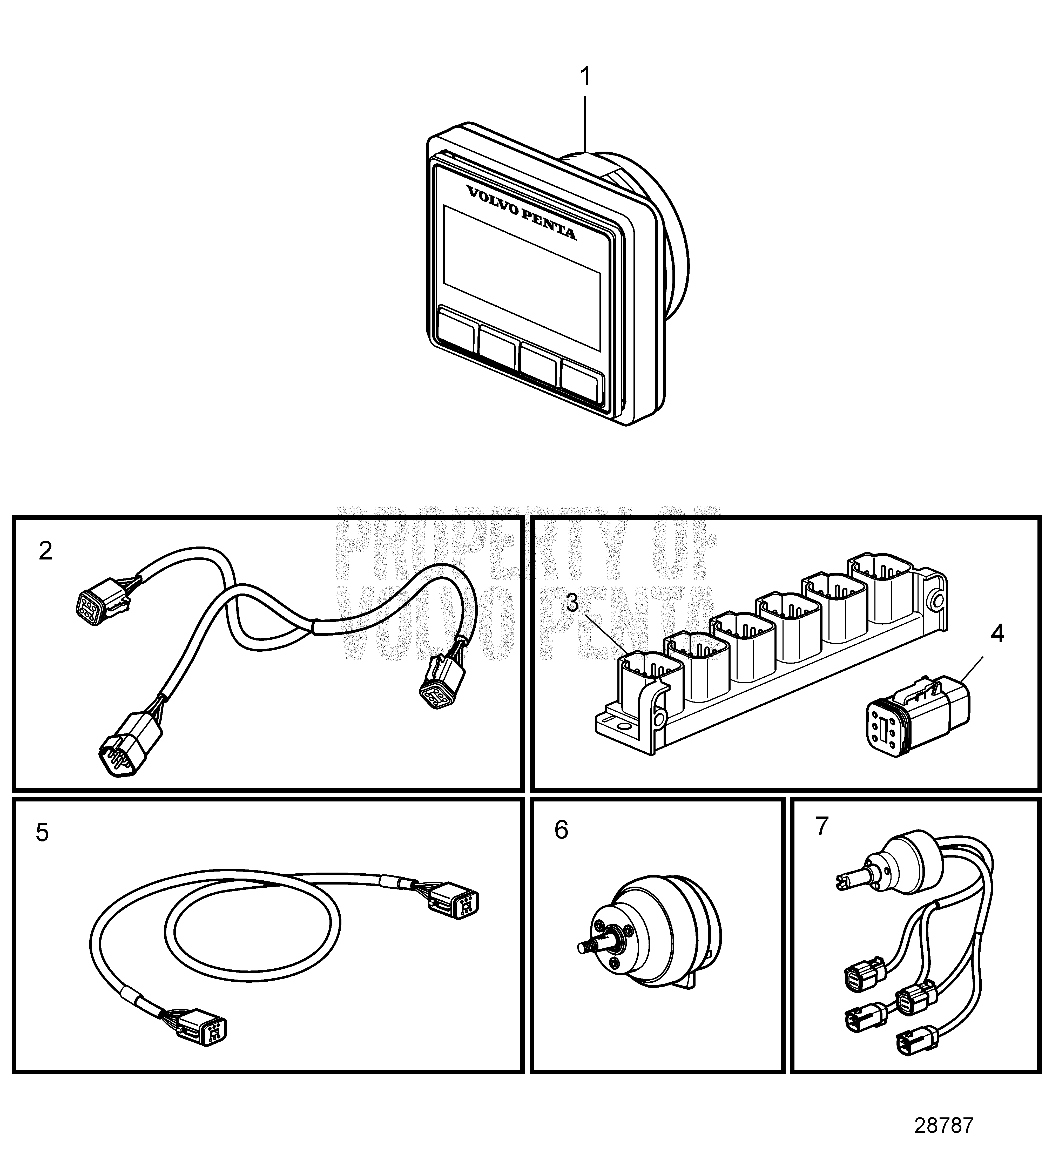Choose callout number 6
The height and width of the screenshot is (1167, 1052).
(561, 830)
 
